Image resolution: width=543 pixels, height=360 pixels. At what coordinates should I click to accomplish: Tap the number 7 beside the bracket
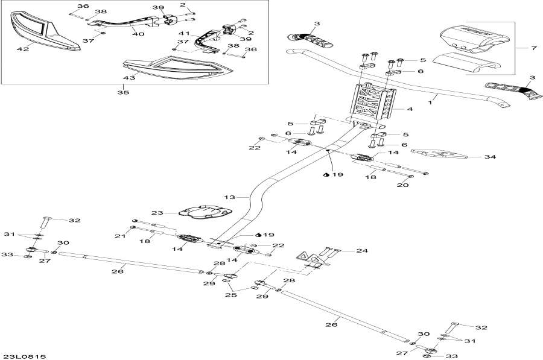[533, 47]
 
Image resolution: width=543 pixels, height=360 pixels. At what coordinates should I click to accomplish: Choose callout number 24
[361, 250]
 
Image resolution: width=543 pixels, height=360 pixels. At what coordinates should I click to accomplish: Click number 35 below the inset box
[123, 93]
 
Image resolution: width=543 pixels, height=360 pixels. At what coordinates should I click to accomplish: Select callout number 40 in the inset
[138, 34]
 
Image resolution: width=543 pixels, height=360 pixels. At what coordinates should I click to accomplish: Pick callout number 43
[129, 78]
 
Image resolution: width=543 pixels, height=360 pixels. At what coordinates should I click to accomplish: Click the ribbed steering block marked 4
[372, 102]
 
